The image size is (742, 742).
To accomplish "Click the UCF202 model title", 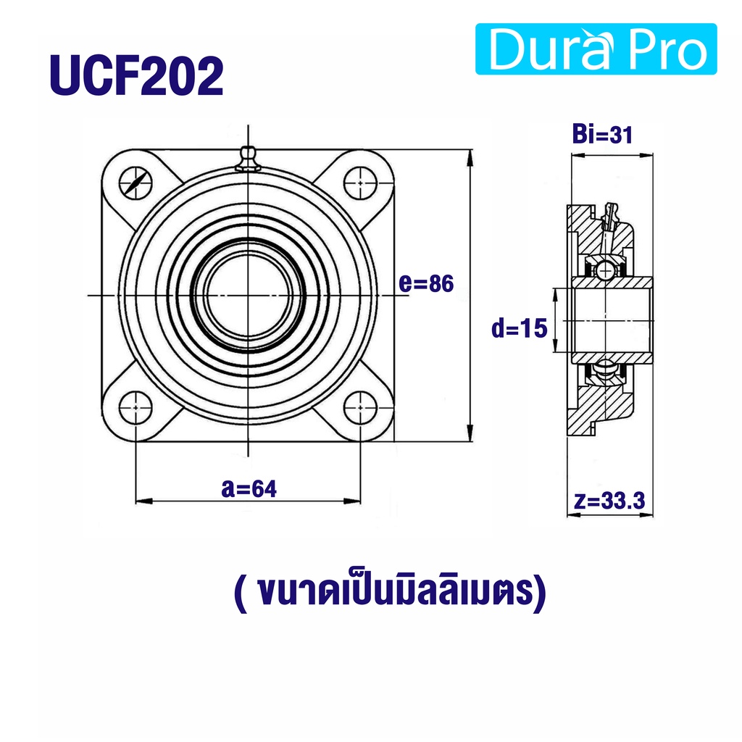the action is click(x=136, y=75).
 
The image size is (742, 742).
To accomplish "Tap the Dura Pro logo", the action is click(x=596, y=49).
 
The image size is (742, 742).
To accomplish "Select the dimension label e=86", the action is click(x=426, y=283).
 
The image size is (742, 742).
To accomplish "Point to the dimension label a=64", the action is click(x=249, y=488).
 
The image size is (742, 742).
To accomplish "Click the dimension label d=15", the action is click(x=519, y=328).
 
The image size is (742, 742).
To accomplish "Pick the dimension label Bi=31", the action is click(x=602, y=134).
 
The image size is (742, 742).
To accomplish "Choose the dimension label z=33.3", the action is click(x=609, y=500).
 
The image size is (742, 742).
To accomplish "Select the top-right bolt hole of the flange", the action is click(x=360, y=183).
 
